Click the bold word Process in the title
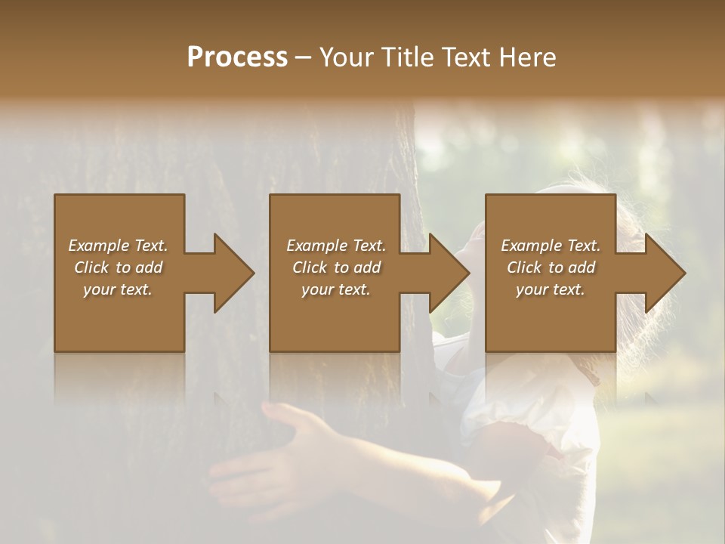pos(237,57)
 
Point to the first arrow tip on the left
pos(253,273)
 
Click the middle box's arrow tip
pos(468,273)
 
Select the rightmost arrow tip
pos(684,273)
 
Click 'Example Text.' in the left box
pos(118,246)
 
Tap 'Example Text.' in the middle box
pos(335,246)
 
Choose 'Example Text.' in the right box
pos(551,246)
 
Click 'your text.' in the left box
pos(118,289)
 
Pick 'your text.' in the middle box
pos(335,289)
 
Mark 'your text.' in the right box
pos(551,289)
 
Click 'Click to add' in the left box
pos(118,267)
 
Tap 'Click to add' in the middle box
pos(335,267)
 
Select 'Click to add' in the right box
pos(551,267)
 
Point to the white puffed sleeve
pos(529,423)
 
